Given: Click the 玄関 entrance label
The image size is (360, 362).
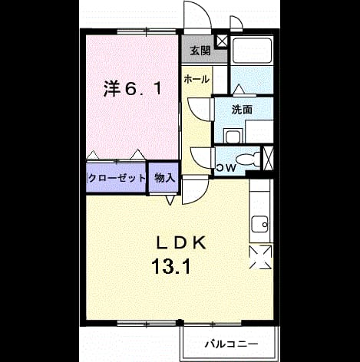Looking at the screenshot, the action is [200, 51].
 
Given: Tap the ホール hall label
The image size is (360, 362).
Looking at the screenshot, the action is [197, 79].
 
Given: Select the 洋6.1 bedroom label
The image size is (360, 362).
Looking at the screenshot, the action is [133, 89].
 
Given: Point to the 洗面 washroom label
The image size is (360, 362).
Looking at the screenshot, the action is [242, 110].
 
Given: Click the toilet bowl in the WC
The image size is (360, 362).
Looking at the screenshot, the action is [247, 160].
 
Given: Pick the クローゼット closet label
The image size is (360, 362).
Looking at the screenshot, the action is [117, 178].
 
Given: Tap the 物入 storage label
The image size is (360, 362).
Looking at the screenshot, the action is [164, 177].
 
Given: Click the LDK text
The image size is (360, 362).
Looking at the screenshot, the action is [181, 243].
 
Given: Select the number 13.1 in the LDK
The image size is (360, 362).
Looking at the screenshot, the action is [171, 266].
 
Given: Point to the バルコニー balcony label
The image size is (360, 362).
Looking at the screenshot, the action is [231, 344].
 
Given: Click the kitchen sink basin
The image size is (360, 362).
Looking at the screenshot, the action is [260, 224].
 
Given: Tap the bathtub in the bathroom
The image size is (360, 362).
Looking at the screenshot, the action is [253, 51].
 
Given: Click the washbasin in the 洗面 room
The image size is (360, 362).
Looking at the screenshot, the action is [233, 136].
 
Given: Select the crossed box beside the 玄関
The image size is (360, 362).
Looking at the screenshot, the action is [222, 41].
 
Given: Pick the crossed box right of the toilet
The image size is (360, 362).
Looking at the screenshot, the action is [269, 159].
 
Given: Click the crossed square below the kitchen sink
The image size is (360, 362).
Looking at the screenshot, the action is [260, 257].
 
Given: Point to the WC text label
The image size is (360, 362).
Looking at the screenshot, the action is [226, 168].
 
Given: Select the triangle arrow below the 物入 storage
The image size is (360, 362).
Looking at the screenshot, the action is [170, 200].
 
